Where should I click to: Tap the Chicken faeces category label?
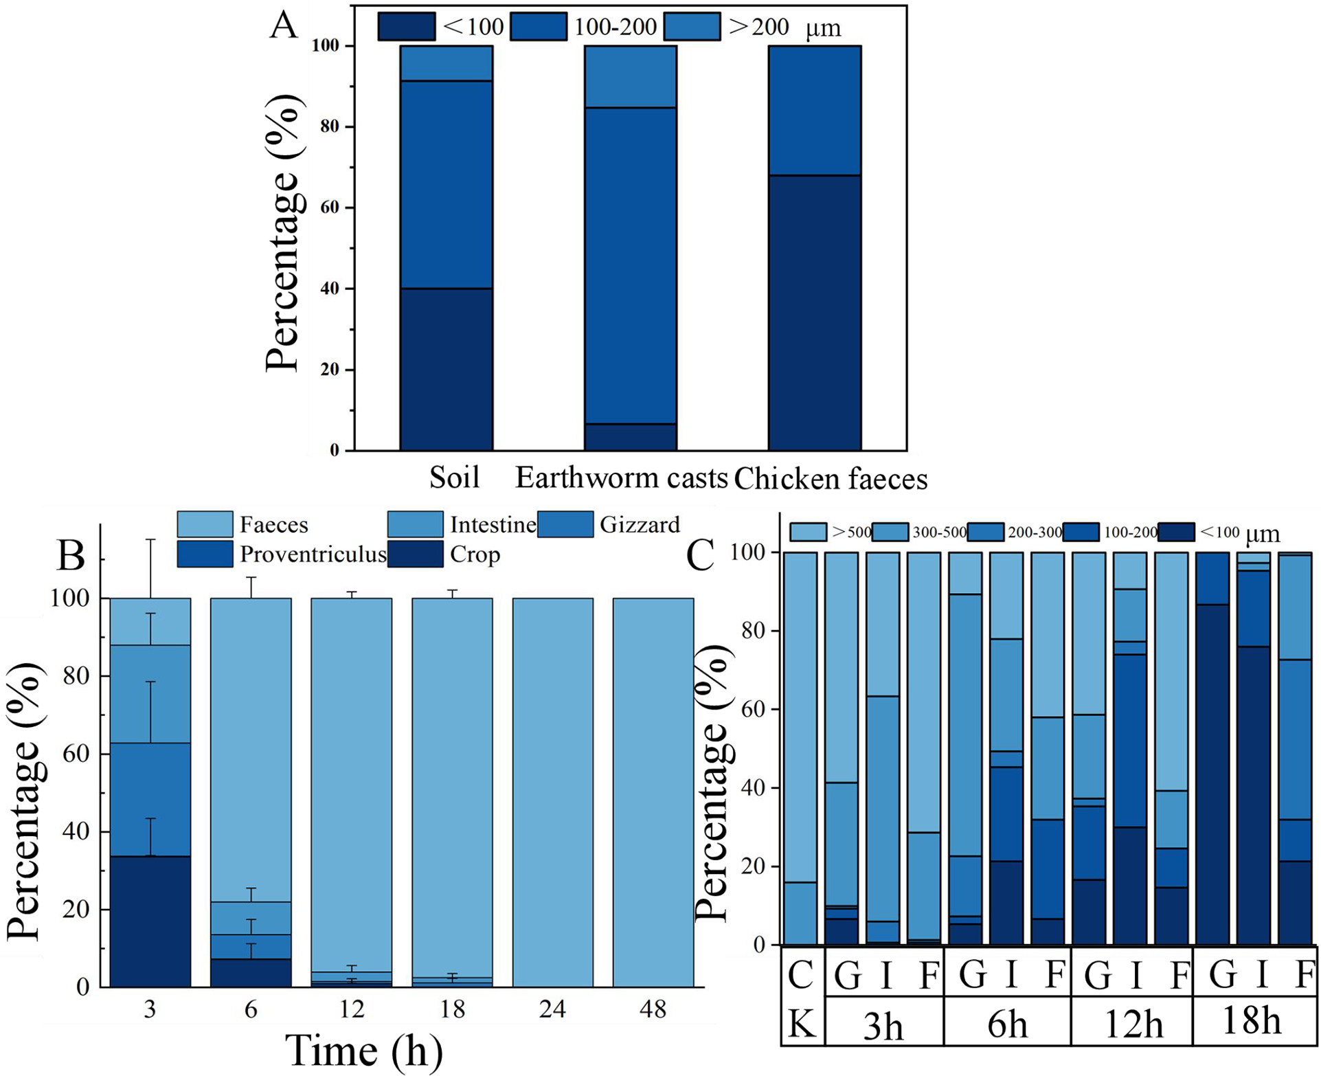click(x=831, y=478)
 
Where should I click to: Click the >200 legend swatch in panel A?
click(x=692, y=27)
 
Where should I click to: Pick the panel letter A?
click(x=284, y=25)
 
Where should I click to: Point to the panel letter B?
click(x=71, y=555)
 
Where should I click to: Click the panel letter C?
click(x=701, y=556)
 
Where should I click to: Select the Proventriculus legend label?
click(x=313, y=554)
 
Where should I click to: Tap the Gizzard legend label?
click(x=640, y=524)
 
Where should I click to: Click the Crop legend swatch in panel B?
click(x=415, y=554)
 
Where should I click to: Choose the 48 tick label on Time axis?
click(x=653, y=1009)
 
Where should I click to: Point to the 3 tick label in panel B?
click(x=150, y=1009)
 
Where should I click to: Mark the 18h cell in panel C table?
click(x=1252, y=1021)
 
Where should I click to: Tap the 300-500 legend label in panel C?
click(x=939, y=533)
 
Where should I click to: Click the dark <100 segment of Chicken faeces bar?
click(x=815, y=313)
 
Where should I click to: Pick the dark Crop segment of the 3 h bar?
click(x=150, y=921)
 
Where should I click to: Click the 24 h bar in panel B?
click(x=552, y=793)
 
